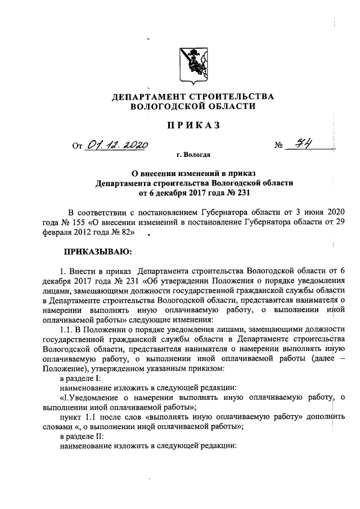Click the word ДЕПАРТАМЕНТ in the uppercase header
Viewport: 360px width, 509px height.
point(147,97)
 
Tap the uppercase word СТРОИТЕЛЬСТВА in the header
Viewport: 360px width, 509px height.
point(232,97)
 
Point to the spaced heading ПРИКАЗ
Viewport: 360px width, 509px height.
point(193,126)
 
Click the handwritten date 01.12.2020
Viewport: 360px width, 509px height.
point(116,146)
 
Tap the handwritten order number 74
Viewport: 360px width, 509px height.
point(307,145)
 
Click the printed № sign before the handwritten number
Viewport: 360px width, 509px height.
point(278,147)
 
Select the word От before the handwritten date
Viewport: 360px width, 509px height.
point(76,147)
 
